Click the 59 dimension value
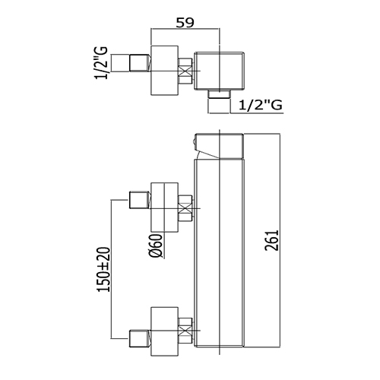[x=185, y=23]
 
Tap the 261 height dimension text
[x=271, y=240]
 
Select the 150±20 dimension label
[x=104, y=270]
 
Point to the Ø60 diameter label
[x=156, y=245]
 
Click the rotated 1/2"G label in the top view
[x=101, y=63]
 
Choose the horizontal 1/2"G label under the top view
[x=261, y=105]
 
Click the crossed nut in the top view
[x=185, y=71]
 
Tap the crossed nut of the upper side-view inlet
[x=185, y=208]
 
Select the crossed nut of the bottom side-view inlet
[x=185, y=331]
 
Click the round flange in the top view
[x=165, y=71]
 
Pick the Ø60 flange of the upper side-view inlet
[x=165, y=207]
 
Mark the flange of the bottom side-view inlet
[x=165, y=331]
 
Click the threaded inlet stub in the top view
[x=140, y=63]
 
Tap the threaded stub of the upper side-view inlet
[x=140, y=200]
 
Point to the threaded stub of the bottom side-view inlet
[x=140, y=338]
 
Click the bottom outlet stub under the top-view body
[x=219, y=94]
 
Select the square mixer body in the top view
[x=220, y=71]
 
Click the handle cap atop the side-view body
[x=220, y=147]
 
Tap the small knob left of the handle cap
[x=193, y=142]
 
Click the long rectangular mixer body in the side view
[x=219, y=253]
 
